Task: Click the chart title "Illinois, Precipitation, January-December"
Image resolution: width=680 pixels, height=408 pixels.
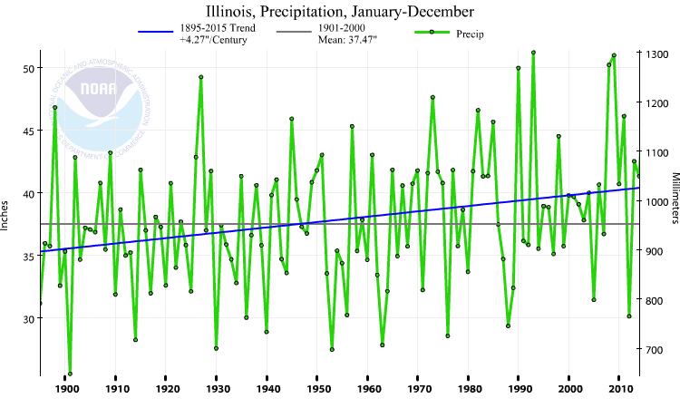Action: [339, 12]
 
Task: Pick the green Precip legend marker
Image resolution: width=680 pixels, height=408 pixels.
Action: [432, 33]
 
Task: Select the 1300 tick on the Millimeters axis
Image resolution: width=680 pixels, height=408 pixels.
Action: [656, 54]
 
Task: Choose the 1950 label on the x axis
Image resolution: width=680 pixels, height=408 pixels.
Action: [317, 390]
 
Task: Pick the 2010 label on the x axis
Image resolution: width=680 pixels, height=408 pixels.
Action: [619, 390]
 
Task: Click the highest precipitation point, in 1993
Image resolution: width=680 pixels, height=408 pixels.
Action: [533, 53]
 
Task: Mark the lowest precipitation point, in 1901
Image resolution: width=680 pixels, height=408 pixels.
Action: [70, 374]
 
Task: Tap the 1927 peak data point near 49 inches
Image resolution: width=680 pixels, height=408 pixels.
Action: [200, 77]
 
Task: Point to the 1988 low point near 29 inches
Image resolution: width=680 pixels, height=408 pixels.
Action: [508, 325]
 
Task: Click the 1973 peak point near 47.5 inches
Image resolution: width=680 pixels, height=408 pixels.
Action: [432, 97]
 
